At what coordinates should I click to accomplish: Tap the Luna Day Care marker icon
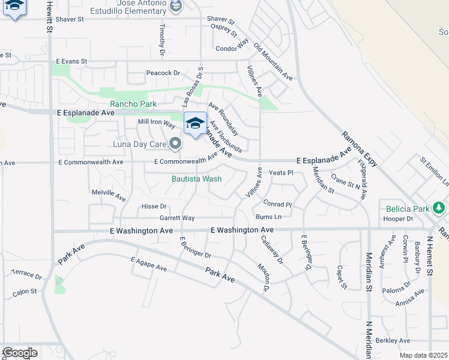pos(175,143)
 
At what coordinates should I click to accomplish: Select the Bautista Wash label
pos(197,179)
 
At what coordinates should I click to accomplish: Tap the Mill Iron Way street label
pos(156,124)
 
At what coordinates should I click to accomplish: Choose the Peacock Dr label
pos(163,73)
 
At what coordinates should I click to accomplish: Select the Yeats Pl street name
pos(280,173)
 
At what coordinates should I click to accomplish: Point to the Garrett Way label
pos(176,218)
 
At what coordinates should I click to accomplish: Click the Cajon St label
pos(24,292)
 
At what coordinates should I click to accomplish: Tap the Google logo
pos(20,353)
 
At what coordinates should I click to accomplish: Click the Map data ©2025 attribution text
pos(424,355)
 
